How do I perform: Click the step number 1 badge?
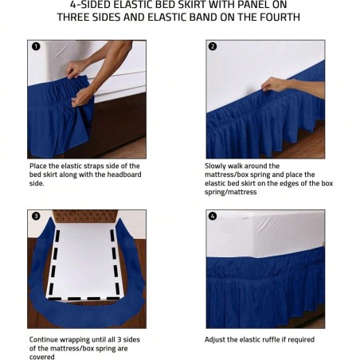click(34, 46)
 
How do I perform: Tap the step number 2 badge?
click(213, 46)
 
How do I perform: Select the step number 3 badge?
click(34, 216)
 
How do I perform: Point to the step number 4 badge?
click(213, 216)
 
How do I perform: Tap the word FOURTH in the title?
click(274, 17)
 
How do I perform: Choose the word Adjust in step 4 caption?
click(217, 339)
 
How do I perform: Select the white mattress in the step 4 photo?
click(263, 235)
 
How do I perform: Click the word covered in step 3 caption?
click(43, 356)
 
